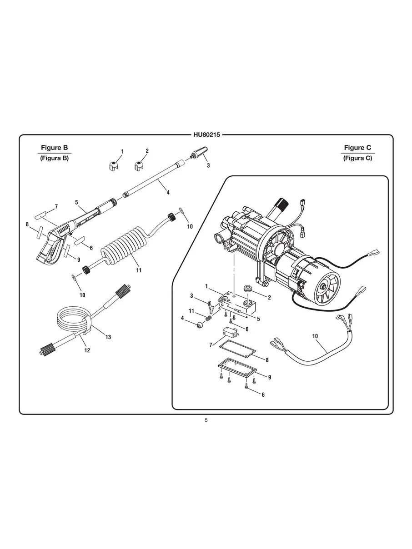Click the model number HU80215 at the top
click(206, 135)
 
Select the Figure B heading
click(54, 148)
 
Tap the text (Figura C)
click(357, 158)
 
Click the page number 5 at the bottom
click(206, 420)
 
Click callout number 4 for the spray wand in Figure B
click(168, 192)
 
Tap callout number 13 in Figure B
click(108, 337)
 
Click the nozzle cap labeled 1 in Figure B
click(114, 166)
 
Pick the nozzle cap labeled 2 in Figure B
click(138, 166)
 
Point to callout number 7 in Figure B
click(56, 207)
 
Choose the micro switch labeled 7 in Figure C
click(231, 333)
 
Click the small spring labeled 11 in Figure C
click(209, 319)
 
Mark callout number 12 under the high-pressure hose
click(87, 350)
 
